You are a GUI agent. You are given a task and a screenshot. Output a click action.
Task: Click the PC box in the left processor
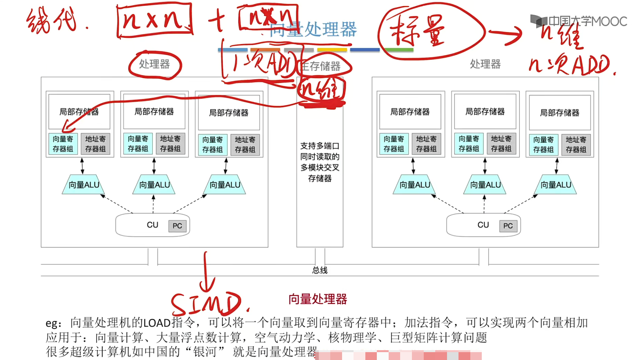click(x=177, y=226)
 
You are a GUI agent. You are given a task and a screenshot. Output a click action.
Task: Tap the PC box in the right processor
click(x=508, y=226)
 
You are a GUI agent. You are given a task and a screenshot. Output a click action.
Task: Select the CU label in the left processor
click(x=153, y=225)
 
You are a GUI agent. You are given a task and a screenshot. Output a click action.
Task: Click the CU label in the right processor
click(x=483, y=225)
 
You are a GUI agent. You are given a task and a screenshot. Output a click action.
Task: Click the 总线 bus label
click(x=320, y=270)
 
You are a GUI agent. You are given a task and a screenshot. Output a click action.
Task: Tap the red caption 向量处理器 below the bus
click(x=317, y=299)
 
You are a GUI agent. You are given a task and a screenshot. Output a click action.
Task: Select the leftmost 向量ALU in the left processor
click(x=84, y=185)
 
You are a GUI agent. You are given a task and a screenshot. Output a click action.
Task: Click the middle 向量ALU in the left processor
click(x=154, y=185)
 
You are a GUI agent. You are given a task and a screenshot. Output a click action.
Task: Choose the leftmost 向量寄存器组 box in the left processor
click(x=63, y=144)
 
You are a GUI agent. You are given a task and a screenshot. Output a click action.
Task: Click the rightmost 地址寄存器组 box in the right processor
click(x=576, y=145)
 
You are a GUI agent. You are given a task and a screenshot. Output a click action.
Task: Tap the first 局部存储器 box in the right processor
click(x=410, y=112)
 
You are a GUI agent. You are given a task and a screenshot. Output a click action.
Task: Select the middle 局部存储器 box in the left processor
click(x=154, y=112)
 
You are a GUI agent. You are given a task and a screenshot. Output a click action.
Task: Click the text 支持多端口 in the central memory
click(x=320, y=146)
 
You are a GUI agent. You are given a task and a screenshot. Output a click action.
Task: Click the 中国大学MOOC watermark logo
click(x=579, y=21)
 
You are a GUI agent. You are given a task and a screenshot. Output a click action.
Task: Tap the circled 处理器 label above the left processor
click(x=154, y=64)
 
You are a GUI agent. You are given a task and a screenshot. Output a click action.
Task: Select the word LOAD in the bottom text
click(x=157, y=323)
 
